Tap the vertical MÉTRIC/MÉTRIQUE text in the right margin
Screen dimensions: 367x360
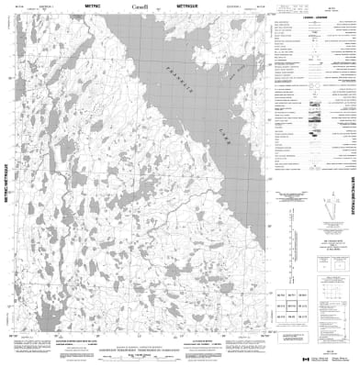click(x=351, y=183)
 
